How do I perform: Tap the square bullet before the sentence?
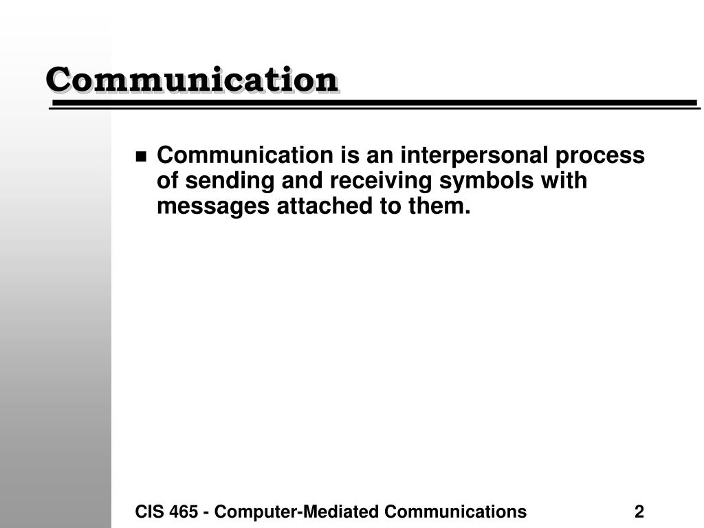click(141, 157)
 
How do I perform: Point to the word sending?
click(230, 181)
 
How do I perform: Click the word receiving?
click(381, 181)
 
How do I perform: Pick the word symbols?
click(486, 181)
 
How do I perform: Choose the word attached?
click(324, 206)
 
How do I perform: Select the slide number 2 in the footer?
click(639, 511)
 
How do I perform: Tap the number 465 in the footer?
click(183, 511)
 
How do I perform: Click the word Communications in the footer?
click(455, 511)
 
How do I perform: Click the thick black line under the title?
click(375, 103)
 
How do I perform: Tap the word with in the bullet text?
click(564, 180)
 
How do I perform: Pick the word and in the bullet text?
click(302, 180)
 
